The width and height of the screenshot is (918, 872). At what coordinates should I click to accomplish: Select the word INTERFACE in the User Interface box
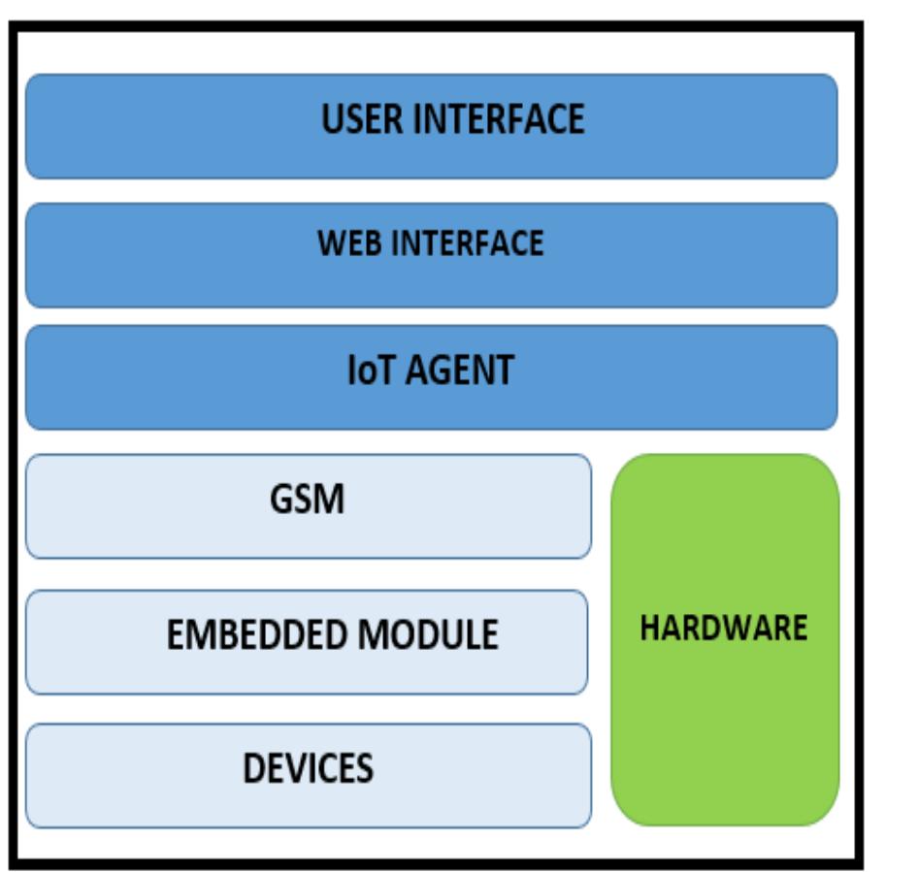[x=500, y=119]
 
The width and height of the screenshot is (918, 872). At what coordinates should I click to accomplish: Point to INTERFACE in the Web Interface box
[x=469, y=242]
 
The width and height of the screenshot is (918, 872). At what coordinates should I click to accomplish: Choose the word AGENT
[x=460, y=371]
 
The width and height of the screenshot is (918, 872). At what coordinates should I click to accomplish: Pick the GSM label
[x=307, y=500]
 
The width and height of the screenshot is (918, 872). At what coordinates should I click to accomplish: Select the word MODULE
[x=428, y=635]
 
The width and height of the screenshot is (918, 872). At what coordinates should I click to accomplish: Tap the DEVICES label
[x=308, y=768]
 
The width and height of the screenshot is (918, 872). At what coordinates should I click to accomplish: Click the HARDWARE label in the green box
[x=724, y=628]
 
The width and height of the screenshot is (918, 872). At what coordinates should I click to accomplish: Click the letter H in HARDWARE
[x=649, y=628]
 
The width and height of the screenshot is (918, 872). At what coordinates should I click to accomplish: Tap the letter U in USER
[x=332, y=119]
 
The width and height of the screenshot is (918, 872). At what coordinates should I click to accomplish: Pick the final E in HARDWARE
[x=800, y=628]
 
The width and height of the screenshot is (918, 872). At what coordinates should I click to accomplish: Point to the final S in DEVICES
[x=363, y=768]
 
